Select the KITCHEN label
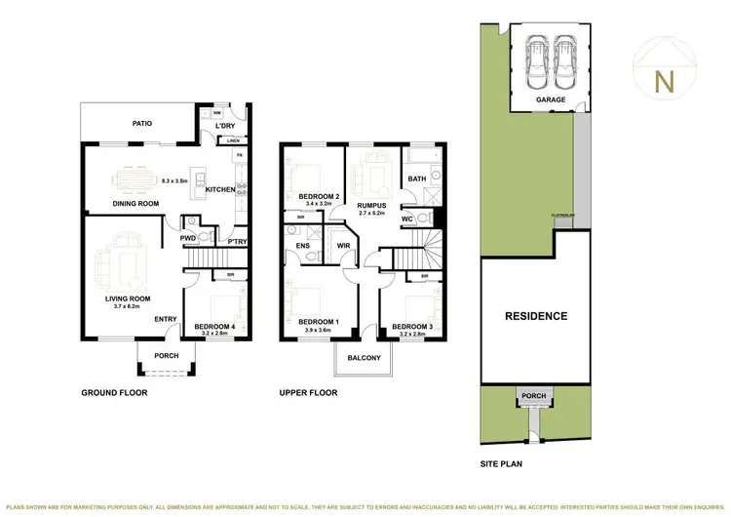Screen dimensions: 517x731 point(220,189)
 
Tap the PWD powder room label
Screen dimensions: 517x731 point(188,236)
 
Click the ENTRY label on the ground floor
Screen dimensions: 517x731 point(165,318)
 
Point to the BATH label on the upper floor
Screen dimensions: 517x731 point(418,179)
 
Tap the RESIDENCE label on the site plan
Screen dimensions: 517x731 point(535,316)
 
